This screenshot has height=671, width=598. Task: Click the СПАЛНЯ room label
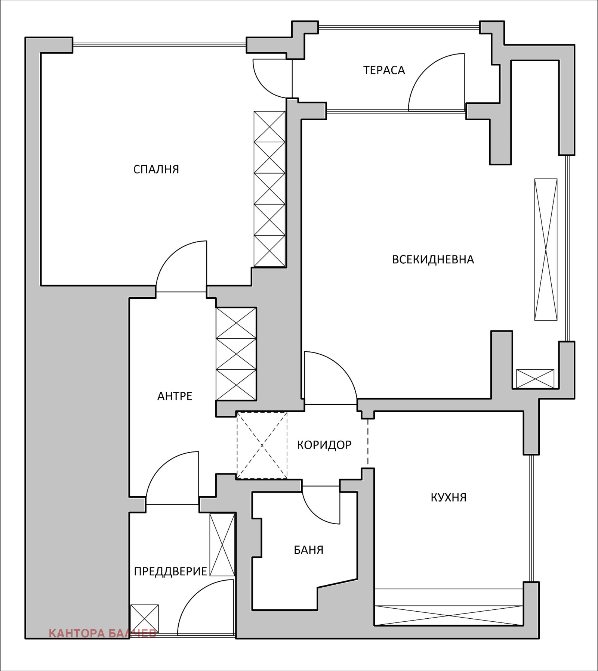coord(156,170)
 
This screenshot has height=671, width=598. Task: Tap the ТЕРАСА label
coord(384,70)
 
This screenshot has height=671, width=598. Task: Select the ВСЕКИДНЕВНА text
coord(433,260)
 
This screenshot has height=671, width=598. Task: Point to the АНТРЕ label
coord(175,396)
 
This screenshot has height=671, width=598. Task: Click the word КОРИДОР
coord(324,445)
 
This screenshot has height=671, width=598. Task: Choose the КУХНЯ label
coord(449,497)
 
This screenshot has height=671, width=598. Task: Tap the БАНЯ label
coord(309,550)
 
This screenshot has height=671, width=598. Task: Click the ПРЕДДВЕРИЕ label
coord(170,571)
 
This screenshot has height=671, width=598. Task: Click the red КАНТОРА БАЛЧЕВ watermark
coord(102,633)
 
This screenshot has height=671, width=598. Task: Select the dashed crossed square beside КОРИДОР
coord(262,445)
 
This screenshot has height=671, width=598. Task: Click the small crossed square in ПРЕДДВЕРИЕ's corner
coord(145,618)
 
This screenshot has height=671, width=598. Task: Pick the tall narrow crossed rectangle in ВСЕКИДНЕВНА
coord(546,249)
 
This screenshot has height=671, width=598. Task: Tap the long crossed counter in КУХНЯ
coord(449,615)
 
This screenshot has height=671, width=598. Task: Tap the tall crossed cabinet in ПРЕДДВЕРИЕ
coord(222,545)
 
